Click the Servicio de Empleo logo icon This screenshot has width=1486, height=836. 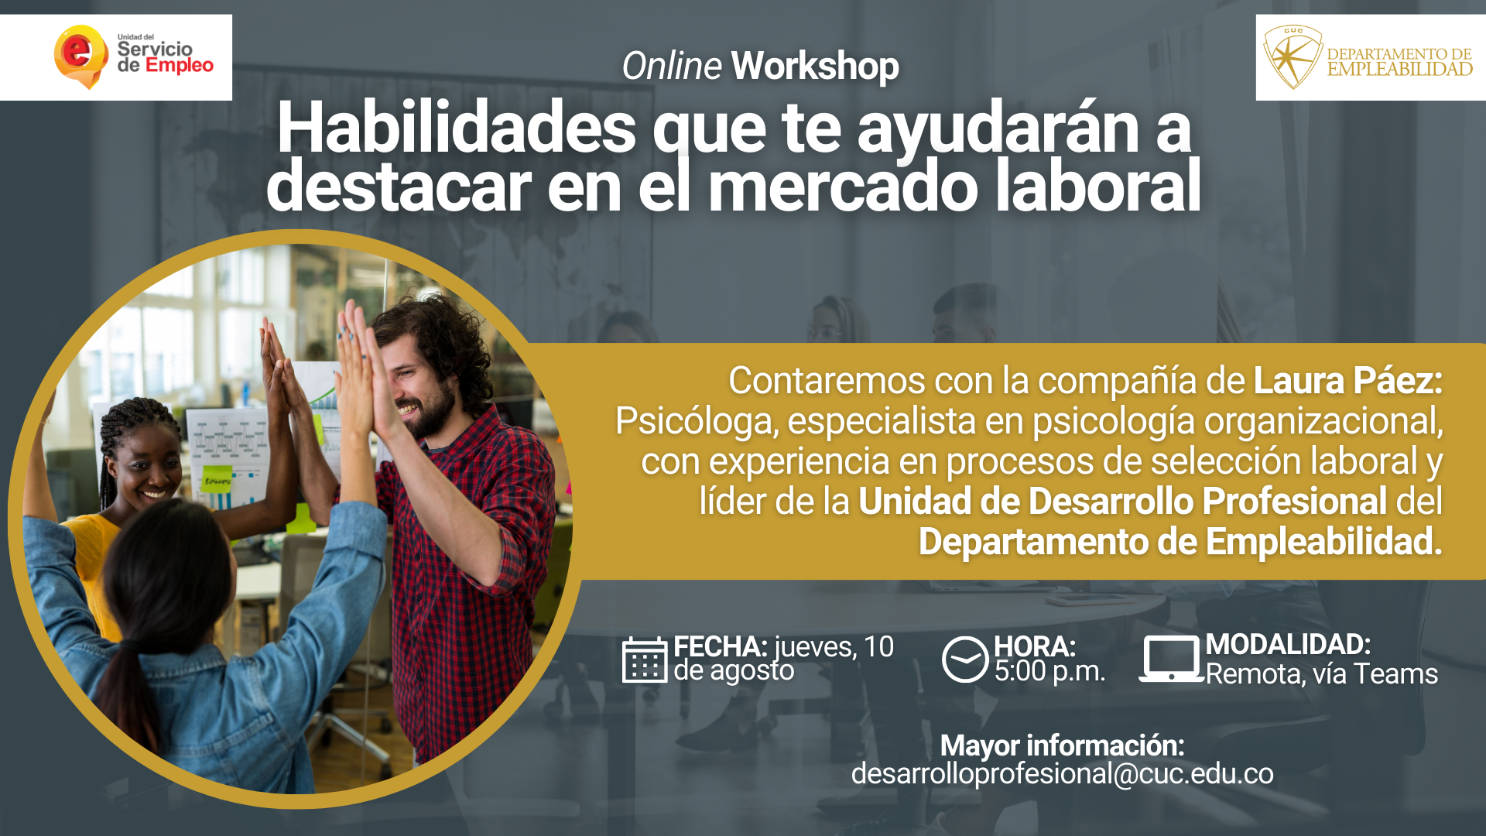pyautogui.click(x=80, y=57)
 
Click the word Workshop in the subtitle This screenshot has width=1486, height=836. pyautogui.click(x=815, y=66)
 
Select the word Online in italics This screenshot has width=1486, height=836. pyautogui.click(x=672, y=66)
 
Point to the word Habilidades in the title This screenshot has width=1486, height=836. pyautogui.click(x=457, y=127)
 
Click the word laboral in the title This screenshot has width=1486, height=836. pyautogui.click(x=1098, y=186)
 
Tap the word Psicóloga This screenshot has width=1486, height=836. pyautogui.click(x=697, y=422)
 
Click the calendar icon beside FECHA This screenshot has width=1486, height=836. pyautogui.click(x=645, y=660)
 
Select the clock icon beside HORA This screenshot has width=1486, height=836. pyautogui.click(x=965, y=660)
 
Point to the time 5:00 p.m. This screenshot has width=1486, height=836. pyautogui.click(x=1049, y=672)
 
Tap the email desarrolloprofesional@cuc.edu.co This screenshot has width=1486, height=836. pyautogui.click(x=1062, y=773)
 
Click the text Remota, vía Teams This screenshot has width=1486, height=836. pyautogui.click(x=1321, y=674)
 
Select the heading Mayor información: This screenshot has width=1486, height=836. pyautogui.click(x=1062, y=745)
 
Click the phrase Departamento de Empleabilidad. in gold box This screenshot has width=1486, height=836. pyautogui.click(x=1180, y=541)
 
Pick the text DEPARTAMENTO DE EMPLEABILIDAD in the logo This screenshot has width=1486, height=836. pyautogui.click(x=1399, y=62)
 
